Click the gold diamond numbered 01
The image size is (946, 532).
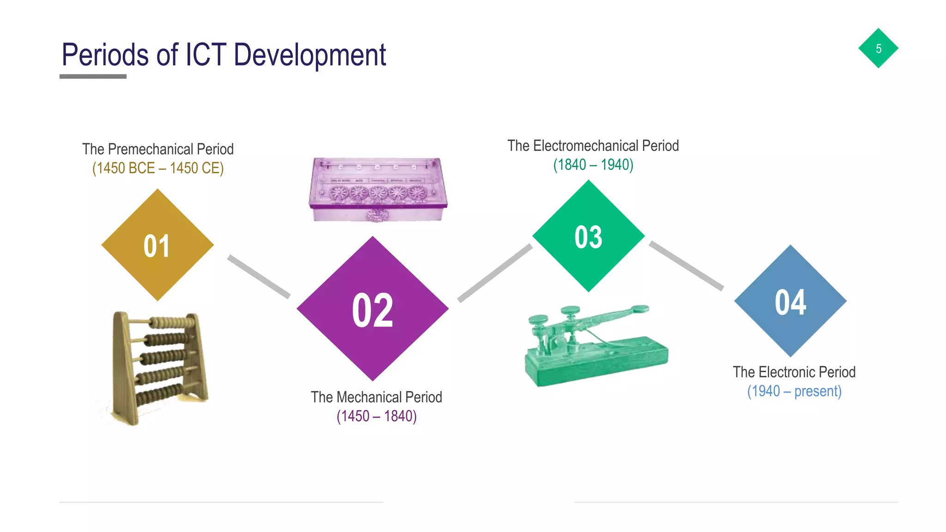[157, 245]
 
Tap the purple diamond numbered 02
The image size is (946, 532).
[372, 308]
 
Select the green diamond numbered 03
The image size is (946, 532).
[588, 236]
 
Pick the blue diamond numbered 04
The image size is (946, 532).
[790, 301]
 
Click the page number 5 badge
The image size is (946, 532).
[878, 48]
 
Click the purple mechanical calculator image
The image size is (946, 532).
[377, 189]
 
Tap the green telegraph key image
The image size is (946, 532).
[596, 346]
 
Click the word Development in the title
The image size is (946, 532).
[309, 55]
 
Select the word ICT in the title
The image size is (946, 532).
[206, 55]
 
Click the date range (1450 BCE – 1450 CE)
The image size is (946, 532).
[158, 168]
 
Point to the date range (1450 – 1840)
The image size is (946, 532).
[376, 416]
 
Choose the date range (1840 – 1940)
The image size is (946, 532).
[593, 165]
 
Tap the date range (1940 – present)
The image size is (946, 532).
[794, 391]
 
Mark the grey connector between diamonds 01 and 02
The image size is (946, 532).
[259, 276]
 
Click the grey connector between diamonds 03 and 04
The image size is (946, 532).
[686, 266]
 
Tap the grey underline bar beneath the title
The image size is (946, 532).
[93, 77]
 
